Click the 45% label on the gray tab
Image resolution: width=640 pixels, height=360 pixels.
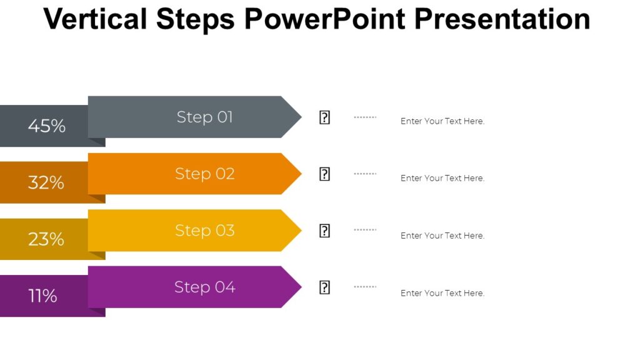[47, 126]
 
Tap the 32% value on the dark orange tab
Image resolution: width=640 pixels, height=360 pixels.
[46, 182]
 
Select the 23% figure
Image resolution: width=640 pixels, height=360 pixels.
[46, 239]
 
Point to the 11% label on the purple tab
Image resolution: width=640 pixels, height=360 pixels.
[43, 296]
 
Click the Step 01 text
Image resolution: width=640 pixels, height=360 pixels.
[205, 117]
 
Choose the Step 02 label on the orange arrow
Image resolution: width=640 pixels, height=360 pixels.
[205, 174]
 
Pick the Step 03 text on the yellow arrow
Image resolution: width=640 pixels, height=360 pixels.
[205, 230]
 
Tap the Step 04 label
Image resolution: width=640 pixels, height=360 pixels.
[205, 287]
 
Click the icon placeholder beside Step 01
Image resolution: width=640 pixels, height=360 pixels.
[324, 117]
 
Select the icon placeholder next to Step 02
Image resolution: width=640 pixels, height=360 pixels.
[324, 174]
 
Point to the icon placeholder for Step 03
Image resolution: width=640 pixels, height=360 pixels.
[324, 231]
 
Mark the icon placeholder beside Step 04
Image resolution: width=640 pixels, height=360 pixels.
[324, 287]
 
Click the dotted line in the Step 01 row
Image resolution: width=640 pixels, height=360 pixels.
[365, 117]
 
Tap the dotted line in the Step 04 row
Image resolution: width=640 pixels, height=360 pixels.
[365, 287]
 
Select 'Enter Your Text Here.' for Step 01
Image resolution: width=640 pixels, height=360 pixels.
[442, 121]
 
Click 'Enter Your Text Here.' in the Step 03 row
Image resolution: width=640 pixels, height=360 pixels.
[442, 236]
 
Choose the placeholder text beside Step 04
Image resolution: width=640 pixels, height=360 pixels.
[442, 293]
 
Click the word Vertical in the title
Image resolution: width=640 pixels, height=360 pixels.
[96, 19]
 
